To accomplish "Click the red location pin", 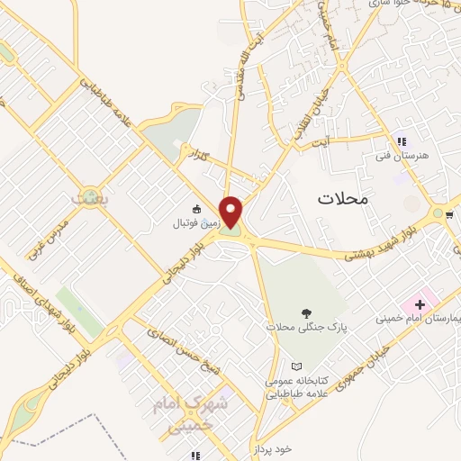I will [x=232, y=212].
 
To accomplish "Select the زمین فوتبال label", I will [x=197, y=221].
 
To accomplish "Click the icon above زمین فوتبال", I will [x=198, y=207].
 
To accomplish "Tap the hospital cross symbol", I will [x=420, y=303].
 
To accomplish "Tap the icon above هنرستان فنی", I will [x=402, y=141].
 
